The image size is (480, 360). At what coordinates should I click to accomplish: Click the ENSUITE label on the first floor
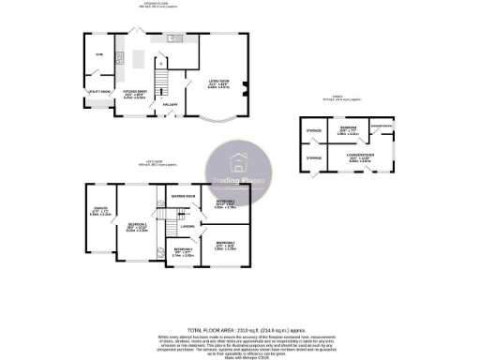tap(100, 210)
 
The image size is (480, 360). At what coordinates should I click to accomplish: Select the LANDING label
tap(187, 226)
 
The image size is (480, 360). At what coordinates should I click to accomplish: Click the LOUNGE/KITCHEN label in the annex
tap(360, 157)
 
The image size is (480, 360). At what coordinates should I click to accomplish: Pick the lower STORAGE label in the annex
tap(314, 157)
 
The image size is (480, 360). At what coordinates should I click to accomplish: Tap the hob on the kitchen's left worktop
tap(120, 57)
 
